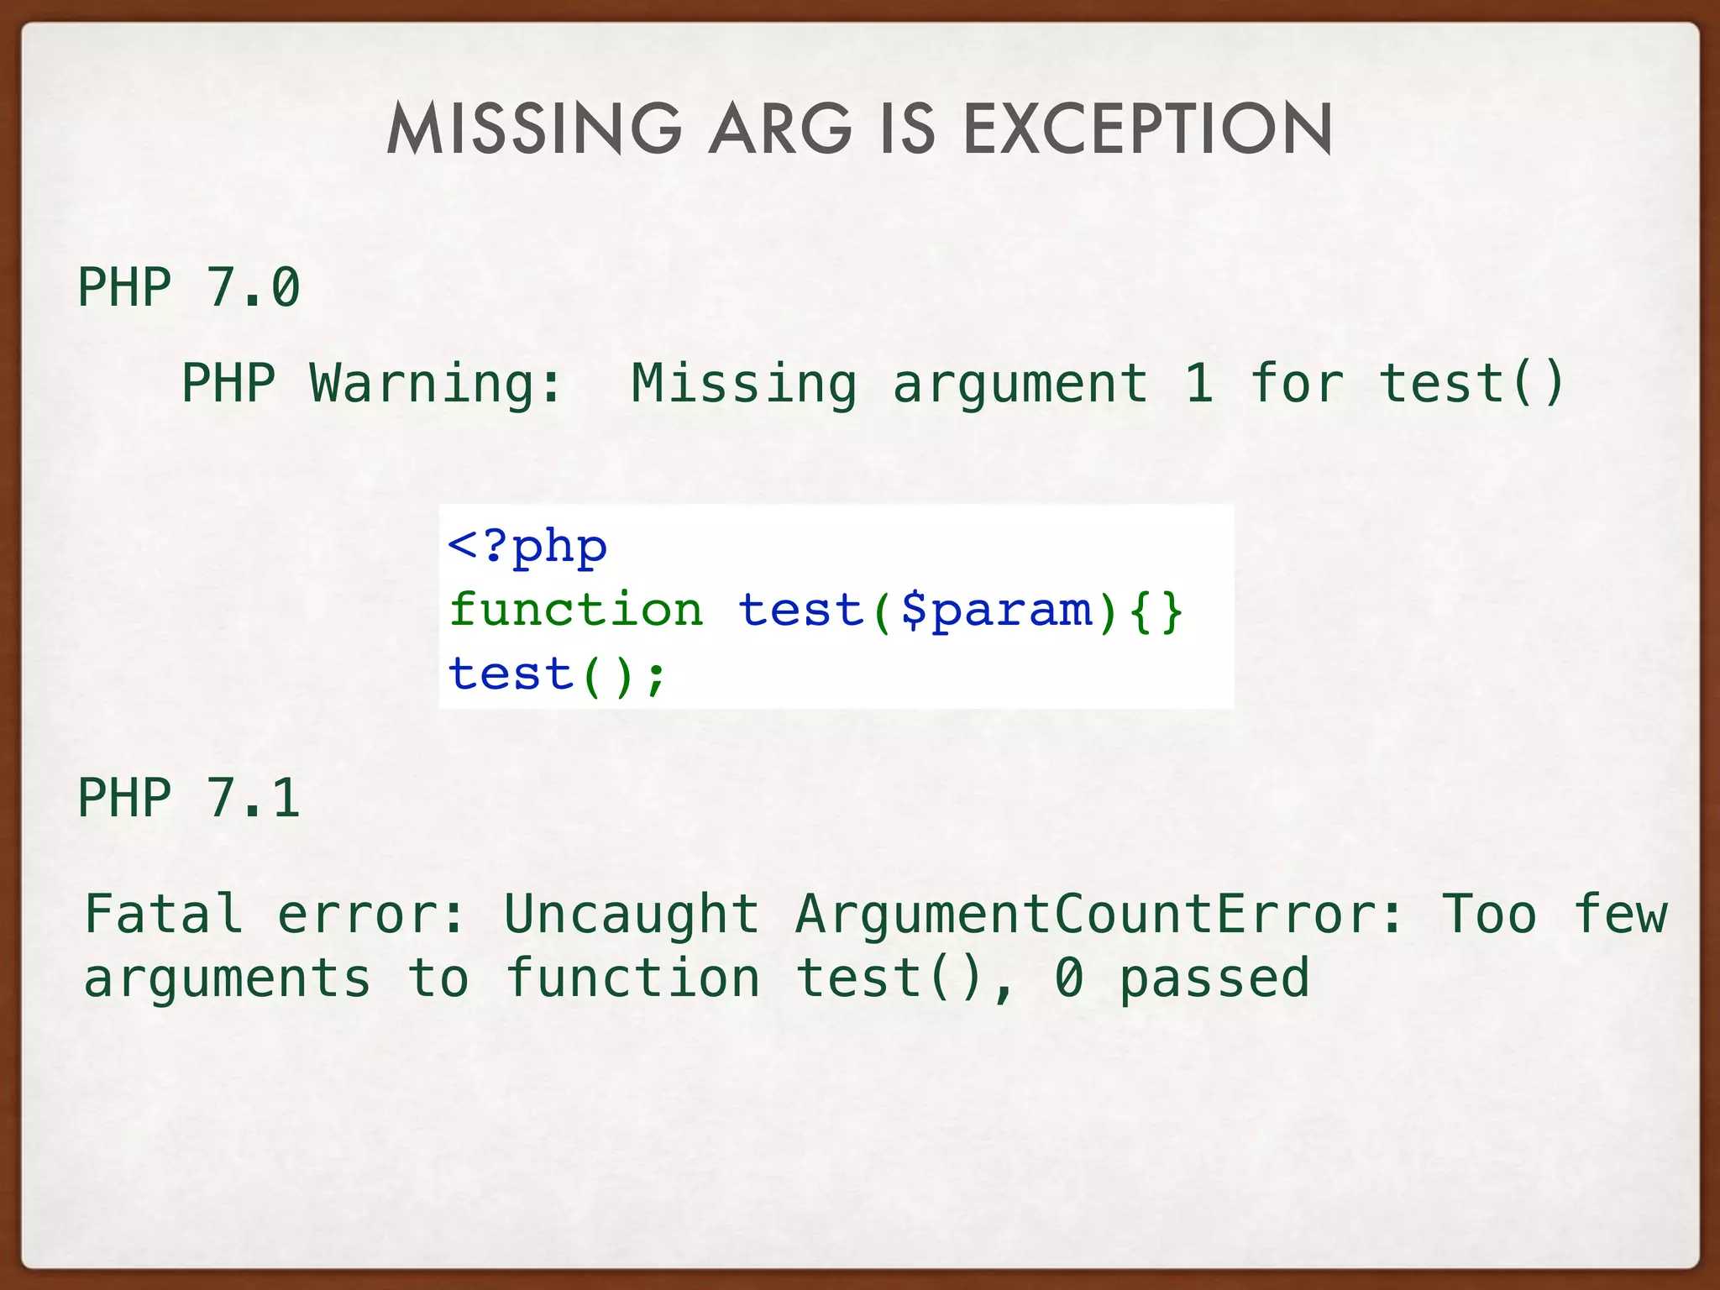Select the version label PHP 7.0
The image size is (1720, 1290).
188,287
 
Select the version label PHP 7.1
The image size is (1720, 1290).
188,797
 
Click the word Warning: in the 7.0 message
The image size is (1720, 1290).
435,383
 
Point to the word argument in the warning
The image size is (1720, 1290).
1020,383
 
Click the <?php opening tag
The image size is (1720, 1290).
527,547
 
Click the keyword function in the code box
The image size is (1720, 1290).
576,610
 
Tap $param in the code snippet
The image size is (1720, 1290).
996,610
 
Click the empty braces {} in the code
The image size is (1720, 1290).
1156,610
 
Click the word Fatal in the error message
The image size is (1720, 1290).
164,914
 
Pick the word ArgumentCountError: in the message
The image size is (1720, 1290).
1099,914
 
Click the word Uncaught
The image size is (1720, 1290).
632,914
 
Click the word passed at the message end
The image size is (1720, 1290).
1214,978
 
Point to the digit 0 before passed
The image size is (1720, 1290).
1068,978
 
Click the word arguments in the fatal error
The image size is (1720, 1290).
227,978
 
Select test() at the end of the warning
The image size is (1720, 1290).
1471,383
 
